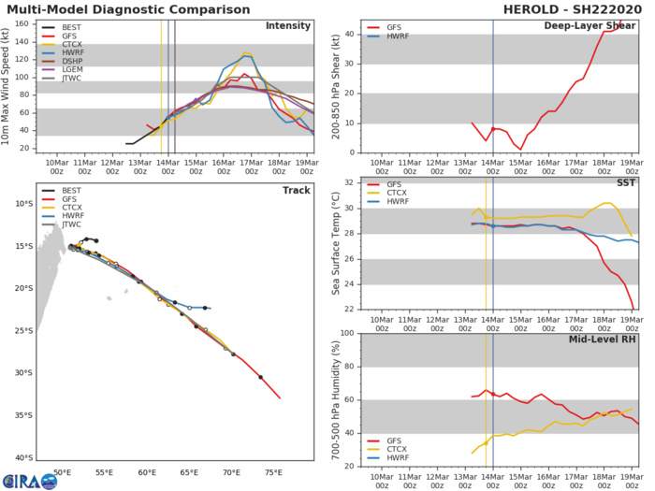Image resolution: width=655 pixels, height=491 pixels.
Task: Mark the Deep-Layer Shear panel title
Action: (589, 25)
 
